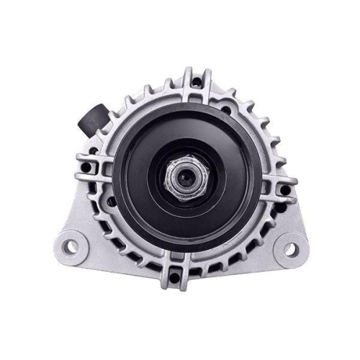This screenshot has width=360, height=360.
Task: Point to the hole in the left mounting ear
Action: (71, 247)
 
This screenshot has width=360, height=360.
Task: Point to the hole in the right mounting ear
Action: (291, 249)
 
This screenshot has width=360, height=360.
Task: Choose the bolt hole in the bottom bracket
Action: (175, 276)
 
